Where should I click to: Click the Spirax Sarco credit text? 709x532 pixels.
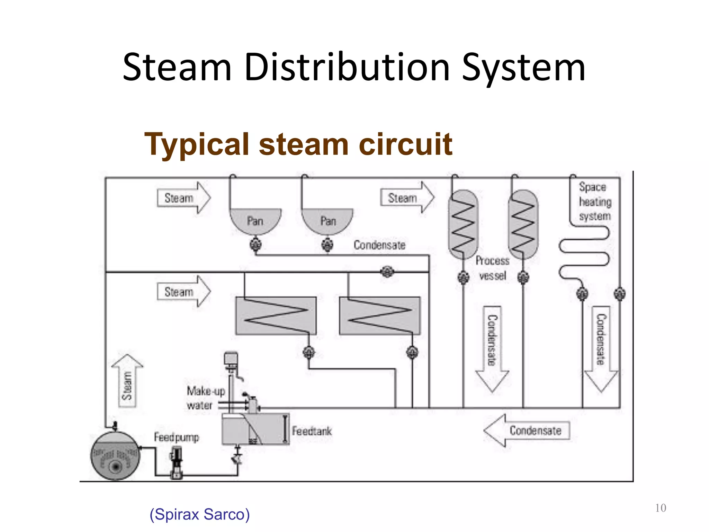(199, 514)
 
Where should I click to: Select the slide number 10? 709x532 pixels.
(660, 508)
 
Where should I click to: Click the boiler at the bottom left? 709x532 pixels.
(115, 456)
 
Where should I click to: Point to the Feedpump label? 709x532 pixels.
(176, 437)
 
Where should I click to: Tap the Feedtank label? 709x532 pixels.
(312, 431)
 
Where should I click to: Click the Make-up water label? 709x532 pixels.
(205, 398)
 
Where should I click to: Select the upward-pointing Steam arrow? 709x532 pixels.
(127, 381)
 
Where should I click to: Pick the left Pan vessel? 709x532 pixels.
(255, 220)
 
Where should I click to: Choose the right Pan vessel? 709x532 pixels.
(327, 220)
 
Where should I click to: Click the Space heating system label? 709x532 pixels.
(595, 202)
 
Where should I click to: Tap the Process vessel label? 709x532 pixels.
(492, 268)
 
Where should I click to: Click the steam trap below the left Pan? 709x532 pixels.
(255, 245)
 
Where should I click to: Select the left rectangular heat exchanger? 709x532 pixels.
(276, 316)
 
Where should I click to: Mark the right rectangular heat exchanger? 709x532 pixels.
(380, 316)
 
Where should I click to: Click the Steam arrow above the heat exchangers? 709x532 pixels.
(183, 292)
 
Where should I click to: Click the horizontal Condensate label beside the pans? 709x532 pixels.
(379, 245)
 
